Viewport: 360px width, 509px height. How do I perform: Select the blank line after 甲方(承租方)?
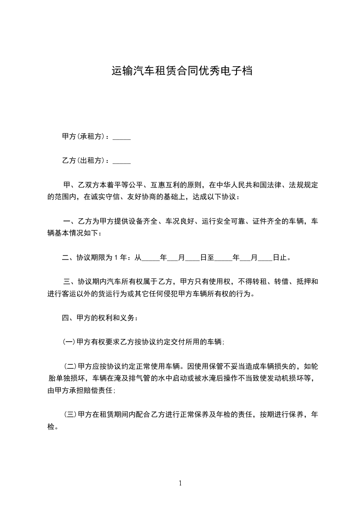pyautogui.click(x=121, y=137)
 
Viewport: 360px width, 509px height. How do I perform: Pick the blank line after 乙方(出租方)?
pyautogui.click(x=121, y=162)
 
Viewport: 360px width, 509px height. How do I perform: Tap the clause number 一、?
pyautogui.click(x=69, y=221)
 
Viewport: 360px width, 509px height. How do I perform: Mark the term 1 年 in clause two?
pyautogui.click(x=119, y=258)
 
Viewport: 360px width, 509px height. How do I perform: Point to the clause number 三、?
pyautogui.click(x=69, y=282)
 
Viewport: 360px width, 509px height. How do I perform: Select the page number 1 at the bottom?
pyautogui.click(x=180, y=484)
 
